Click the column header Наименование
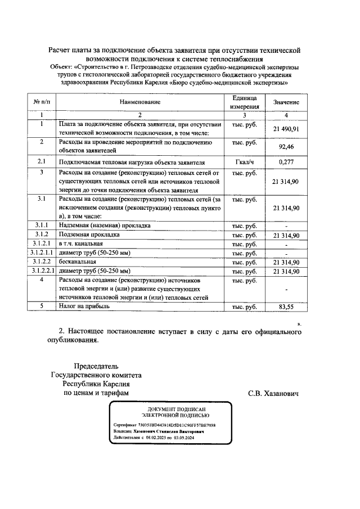[x=139, y=102]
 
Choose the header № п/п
[x=42, y=102]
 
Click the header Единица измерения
[x=245, y=102]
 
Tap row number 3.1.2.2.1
[x=42, y=271]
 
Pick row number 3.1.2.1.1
[x=42, y=253]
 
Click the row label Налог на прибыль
[x=84, y=306]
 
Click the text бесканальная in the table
[x=78, y=262]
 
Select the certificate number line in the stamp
[x=164, y=425]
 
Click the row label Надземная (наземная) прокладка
[x=104, y=226]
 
